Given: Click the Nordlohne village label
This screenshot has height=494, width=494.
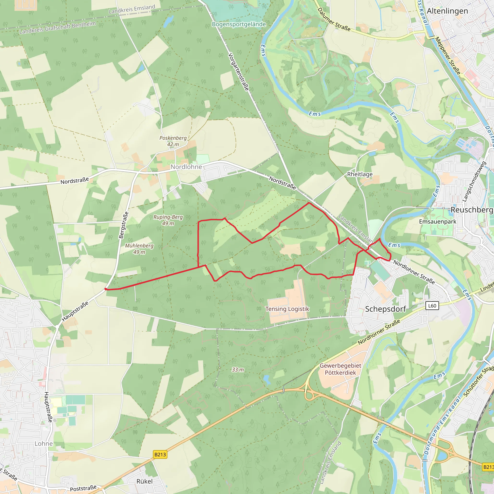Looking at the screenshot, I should point(186,167).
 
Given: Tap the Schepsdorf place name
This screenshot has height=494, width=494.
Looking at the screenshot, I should point(385,309).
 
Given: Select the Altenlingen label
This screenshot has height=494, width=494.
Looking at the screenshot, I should point(447,11).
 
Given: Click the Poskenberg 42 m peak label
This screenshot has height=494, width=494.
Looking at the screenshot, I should point(173,141).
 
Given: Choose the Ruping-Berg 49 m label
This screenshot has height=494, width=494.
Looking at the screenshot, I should point(168,220).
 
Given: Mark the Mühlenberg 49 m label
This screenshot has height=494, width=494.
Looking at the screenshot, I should point(139,249).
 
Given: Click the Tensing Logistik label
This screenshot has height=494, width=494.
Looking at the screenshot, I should point(287,309).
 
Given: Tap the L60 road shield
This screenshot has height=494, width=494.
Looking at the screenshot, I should point(432,306).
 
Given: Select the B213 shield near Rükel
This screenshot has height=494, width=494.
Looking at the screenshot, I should point(160,454).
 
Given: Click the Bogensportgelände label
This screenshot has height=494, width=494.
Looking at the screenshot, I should point(239,24).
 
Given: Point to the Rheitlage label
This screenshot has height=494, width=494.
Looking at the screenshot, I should point(360,174).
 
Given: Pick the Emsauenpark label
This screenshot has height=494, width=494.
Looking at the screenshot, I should point(438,221).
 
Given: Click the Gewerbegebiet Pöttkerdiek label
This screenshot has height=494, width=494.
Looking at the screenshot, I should point(340,369).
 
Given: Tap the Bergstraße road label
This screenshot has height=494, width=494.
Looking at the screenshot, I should point(123,225).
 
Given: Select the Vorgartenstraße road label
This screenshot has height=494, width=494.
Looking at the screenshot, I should point(238,72).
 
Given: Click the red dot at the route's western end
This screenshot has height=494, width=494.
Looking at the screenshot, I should point(106,289).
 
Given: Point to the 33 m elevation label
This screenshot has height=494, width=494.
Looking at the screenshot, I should point(238,370).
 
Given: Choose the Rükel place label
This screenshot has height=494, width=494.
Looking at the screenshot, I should point(144,481).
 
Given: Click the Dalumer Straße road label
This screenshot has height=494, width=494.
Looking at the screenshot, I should point(334,20).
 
